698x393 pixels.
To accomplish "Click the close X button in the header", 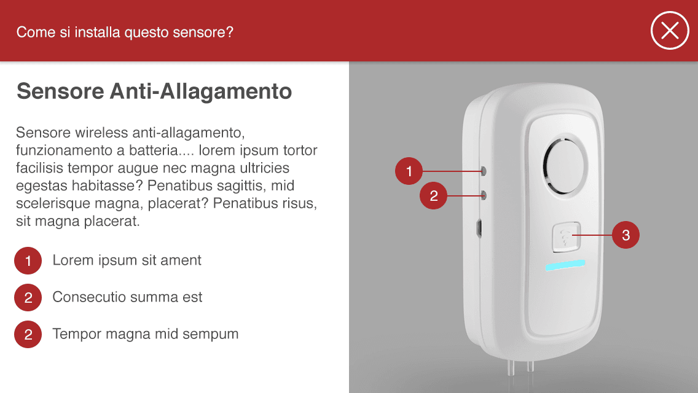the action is click(670, 31).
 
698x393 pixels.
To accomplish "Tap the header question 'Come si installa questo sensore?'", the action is click(125, 32).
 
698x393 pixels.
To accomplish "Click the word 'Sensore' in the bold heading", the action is click(60, 91).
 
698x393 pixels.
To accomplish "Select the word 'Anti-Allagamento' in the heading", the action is click(201, 91).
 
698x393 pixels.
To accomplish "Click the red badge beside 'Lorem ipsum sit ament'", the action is click(28, 260).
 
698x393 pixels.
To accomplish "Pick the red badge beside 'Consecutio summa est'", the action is click(28, 297).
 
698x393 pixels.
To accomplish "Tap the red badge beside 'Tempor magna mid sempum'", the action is click(28, 334).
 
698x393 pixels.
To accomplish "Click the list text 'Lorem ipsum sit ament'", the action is click(127, 260).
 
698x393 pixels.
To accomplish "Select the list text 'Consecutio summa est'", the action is click(127, 297).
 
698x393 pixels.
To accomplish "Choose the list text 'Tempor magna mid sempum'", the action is click(146, 334).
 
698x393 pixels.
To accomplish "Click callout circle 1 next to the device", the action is click(409, 171).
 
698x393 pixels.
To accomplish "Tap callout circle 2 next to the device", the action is click(434, 195).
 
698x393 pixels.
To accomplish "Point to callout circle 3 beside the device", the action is click(625, 235).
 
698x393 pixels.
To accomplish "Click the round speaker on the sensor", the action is click(565, 165).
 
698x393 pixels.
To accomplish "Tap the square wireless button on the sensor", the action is click(567, 236).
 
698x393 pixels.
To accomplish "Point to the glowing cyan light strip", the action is click(565, 265).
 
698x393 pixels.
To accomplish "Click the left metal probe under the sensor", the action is click(511, 367).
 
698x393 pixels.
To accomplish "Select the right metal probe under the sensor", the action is click(530, 366).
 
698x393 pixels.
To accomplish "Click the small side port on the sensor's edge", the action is click(479, 227).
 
